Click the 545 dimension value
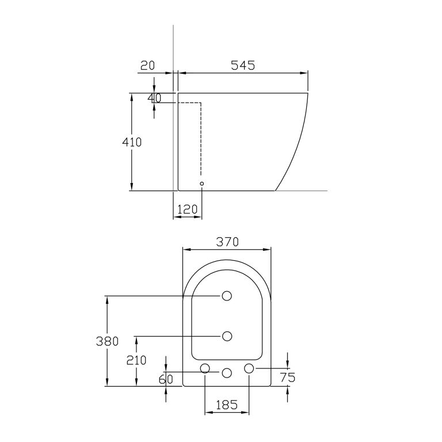point(242,66)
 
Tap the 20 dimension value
point(147,66)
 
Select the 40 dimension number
point(154,98)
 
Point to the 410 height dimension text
point(131,142)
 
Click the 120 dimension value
point(187,209)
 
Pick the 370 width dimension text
point(227,242)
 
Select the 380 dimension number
point(107,341)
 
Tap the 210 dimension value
point(136,360)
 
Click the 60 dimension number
point(166,379)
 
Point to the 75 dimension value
point(288,378)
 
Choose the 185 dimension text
point(227,405)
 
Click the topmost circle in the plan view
point(227,296)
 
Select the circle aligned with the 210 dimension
point(227,336)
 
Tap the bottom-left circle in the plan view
point(205,368)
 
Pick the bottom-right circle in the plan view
point(249,368)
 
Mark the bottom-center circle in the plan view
point(227,372)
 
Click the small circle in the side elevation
point(201,184)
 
